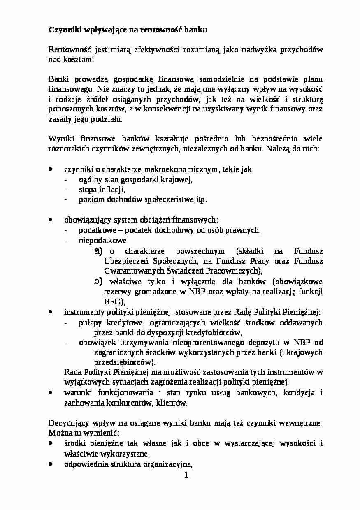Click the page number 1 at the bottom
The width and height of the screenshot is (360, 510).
186,475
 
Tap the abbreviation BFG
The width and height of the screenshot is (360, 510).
111,301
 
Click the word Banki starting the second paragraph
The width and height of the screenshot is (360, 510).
58,79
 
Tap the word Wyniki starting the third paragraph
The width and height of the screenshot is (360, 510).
60,139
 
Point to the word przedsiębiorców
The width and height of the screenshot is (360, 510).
124,362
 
